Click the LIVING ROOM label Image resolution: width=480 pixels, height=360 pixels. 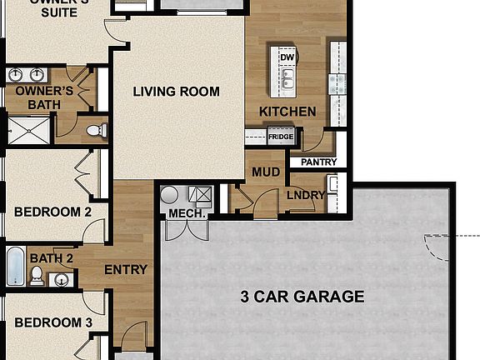click(177, 92)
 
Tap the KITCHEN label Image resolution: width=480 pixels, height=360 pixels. click(287, 112)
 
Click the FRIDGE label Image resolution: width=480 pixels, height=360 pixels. click(280, 137)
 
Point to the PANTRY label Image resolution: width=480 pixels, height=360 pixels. click(317, 162)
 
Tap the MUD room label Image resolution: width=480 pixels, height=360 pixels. click(265, 172)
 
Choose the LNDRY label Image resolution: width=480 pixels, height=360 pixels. click(306, 196)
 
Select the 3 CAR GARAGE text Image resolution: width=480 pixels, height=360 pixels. click(302, 296)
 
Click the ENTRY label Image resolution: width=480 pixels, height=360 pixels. click(125, 270)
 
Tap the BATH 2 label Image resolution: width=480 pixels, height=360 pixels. click(52, 258)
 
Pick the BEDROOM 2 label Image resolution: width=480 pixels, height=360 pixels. click(53, 212)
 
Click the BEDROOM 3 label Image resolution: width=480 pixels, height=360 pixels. click(53, 322)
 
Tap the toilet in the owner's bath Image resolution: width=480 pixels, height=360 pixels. click(97, 130)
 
